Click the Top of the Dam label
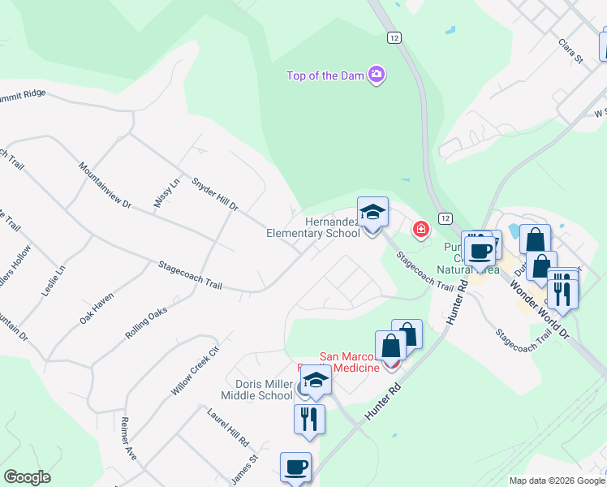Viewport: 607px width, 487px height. [x=324, y=76]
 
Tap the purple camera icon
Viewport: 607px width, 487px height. [x=376, y=75]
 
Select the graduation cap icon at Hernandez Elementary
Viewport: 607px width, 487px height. [x=372, y=213]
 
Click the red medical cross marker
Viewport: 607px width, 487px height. [x=420, y=230]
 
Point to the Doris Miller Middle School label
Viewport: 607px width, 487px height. [x=256, y=390]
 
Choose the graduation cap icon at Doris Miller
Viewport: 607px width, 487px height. [x=316, y=381]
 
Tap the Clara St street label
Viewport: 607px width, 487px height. [x=570, y=50]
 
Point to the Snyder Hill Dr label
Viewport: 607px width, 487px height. [x=215, y=195]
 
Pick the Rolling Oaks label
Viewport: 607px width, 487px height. [x=146, y=322]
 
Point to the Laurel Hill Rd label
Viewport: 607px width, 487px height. [x=228, y=428]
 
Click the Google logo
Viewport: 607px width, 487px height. [x=27, y=477]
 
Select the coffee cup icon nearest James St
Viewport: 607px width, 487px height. [x=295, y=468]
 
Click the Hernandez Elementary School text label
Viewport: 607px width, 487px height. [x=313, y=227]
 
